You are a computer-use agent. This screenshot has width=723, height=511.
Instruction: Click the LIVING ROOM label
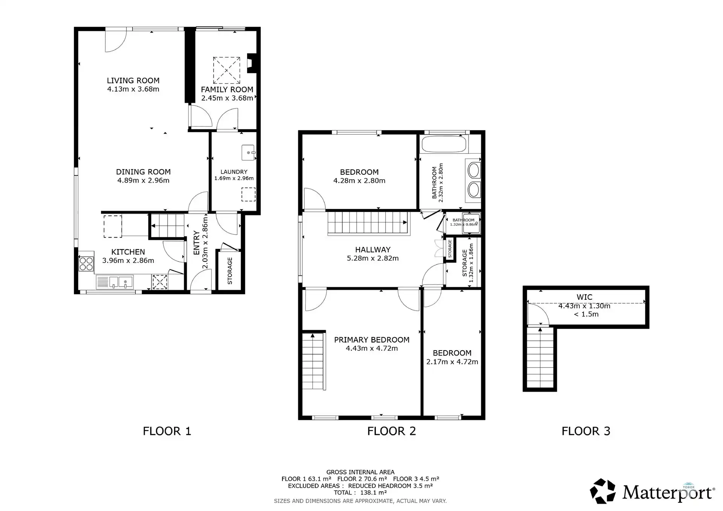point(133,81)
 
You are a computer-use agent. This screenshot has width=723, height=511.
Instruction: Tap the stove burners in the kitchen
point(86,263)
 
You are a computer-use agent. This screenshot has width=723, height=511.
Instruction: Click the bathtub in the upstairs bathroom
point(444,144)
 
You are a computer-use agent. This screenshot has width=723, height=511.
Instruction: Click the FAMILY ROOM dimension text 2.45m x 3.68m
point(227,98)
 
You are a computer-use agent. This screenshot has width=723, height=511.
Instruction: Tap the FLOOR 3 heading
point(586,431)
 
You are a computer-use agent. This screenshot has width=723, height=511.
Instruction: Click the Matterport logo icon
point(602,491)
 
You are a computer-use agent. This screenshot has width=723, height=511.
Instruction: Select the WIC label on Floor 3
point(584,297)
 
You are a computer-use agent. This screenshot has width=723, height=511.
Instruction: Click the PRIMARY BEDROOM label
point(372,340)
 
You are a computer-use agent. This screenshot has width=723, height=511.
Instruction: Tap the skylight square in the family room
point(226,70)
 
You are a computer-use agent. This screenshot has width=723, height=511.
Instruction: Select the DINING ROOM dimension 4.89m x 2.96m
point(143,180)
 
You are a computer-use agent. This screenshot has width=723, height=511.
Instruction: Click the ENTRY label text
point(196,243)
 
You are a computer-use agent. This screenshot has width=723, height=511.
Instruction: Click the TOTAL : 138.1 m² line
point(360,493)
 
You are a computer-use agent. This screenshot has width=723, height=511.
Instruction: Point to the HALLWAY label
point(372,250)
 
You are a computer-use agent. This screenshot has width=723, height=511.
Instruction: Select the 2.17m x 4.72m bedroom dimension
point(452,362)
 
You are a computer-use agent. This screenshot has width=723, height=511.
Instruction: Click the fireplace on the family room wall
point(250,63)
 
